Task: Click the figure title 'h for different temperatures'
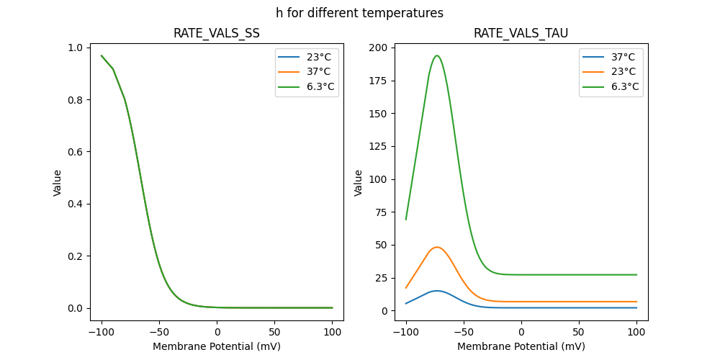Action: click(359, 13)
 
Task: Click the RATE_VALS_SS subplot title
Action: click(216, 33)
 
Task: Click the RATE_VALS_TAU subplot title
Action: click(521, 33)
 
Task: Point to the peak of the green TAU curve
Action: click(436, 55)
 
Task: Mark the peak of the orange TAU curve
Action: click(436, 247)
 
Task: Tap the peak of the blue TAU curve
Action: click(436, 291)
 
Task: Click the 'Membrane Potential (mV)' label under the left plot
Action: click(216, 346)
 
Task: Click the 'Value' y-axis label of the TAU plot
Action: click(358, 183)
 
